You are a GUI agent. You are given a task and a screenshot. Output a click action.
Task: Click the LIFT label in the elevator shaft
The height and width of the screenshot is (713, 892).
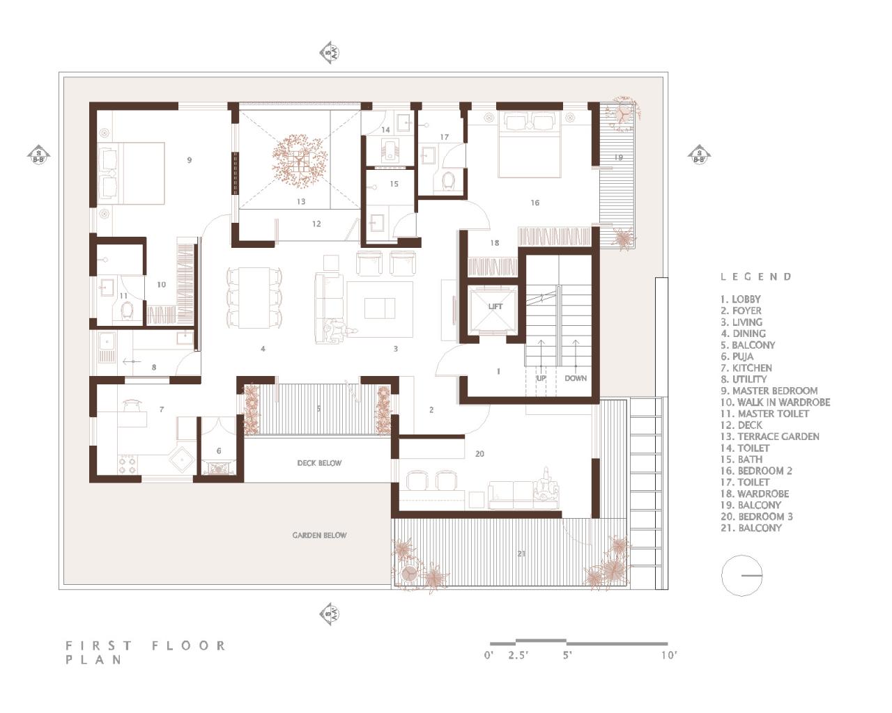click(x=495, y=306)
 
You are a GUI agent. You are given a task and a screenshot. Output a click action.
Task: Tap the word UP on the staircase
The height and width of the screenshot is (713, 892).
click(x=541, y=378)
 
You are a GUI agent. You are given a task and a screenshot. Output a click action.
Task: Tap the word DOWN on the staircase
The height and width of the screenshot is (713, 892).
click(x=576, y=378)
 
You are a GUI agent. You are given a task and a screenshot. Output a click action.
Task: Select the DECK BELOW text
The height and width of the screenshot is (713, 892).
click(x=319, y=463)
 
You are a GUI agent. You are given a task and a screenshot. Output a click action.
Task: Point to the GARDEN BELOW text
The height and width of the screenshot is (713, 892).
click(x=319, y=535)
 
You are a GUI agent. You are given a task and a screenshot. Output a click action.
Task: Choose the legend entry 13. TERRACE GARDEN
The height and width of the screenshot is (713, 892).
click(x=770, y=437)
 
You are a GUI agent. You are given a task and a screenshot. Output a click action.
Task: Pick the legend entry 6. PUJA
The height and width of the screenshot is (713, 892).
click(x=737, y=356)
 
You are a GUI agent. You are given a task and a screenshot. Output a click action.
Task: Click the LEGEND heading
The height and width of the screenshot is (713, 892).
click(x=756, y=276)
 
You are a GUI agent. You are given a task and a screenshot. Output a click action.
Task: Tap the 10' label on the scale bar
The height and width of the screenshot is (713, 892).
click(x=669, y=655)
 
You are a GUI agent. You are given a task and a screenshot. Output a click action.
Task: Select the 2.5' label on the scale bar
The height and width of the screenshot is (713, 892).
click(x=518, y=655)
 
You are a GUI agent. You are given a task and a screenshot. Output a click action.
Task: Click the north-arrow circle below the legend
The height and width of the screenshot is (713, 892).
click(x=742, y=576)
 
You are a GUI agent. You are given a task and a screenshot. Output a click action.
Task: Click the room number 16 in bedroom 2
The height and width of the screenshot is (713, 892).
click(x=535, y=203)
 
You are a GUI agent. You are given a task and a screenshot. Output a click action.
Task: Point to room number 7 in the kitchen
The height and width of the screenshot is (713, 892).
click(x=161, y=409)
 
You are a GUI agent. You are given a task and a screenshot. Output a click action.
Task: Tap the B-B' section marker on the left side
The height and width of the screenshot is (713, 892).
click(x=39, y=155)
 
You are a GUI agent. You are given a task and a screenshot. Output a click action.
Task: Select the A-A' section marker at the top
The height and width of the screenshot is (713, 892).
click(x=330, y=53)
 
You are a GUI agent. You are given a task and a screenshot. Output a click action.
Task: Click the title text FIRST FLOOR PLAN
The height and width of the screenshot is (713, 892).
click(x=145, y=652)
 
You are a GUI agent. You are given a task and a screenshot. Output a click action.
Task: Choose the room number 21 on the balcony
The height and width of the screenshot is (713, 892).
click(x=521, y=554)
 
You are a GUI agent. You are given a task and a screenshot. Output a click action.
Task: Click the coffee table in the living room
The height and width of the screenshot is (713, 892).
click(x=379, y=307)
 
